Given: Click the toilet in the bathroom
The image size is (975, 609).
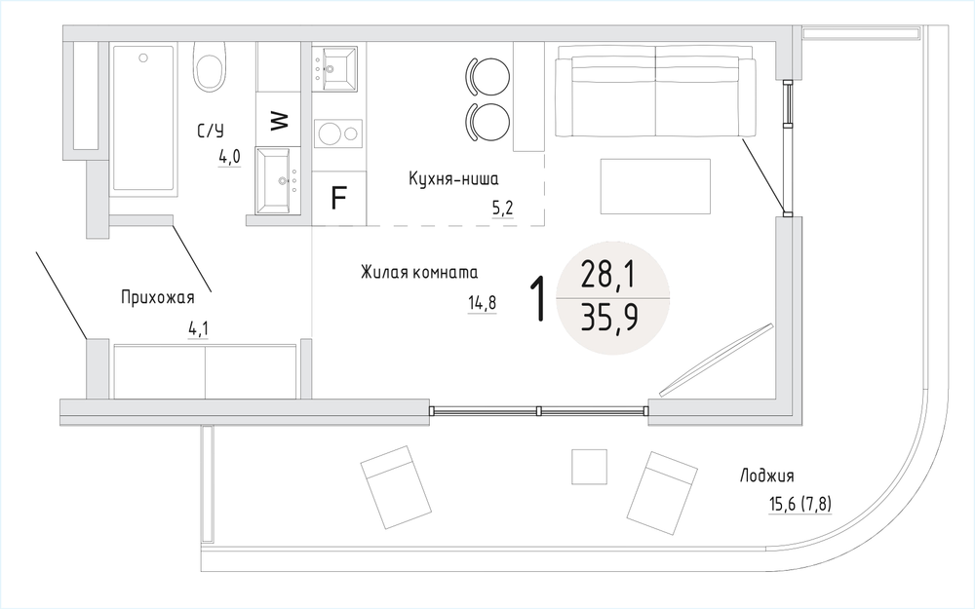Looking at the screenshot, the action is click(x=209, y=67).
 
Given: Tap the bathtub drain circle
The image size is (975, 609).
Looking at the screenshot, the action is click(x=143, y=57).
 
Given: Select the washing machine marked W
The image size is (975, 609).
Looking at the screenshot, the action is click(x=279, y=119).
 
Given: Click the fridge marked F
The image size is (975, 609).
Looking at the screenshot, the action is click(x=338, y=198).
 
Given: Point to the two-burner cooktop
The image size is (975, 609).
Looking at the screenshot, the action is click(x=338, y=133).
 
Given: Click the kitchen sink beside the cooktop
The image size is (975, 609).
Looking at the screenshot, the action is click(x=334, y=68).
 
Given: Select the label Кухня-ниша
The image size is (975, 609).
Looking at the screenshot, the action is click(x=453, y=179).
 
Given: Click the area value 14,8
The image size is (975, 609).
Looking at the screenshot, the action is click(x=482, y=303).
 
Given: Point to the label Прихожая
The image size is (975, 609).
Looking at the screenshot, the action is click(x=158, y=297).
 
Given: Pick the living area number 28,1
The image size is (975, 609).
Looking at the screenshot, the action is click(x=608, y=275).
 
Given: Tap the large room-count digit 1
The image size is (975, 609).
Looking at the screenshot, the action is click(x=538, y=299).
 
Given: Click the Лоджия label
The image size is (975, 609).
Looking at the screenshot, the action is click(x=766, y=476).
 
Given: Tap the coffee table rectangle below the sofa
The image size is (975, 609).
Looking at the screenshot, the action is click(x=655, y=186).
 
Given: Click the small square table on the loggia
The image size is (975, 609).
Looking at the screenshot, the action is click(x=590, y=467).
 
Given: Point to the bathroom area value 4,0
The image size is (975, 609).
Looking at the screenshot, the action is click(x=229, y=158).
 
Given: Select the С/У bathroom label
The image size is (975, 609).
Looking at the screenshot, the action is click(x=211, y=132).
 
